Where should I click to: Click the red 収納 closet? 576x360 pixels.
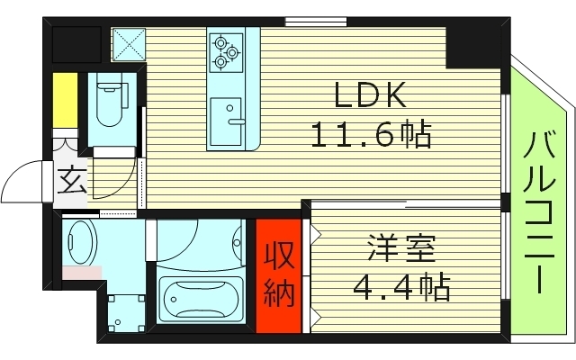pyautogui.click(x=279, y=275)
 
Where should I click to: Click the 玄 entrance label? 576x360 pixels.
pyautogui.click(x=71, y=182)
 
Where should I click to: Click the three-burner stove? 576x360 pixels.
pyautogui.click(x=226, y=51)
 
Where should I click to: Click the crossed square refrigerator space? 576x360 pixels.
pyautogui.click(x=127, y=43)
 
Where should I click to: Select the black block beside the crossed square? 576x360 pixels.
pyautogui.click(x=76, y=43)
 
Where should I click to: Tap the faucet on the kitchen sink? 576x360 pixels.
pyautogui.click(x=236, y=120)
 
